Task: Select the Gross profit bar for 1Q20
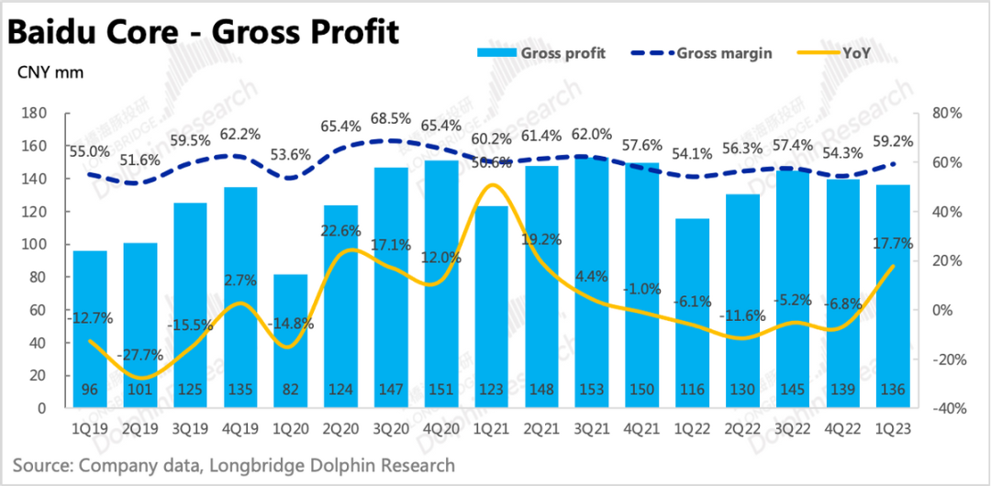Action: point(290,339)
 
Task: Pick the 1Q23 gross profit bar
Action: point(892,293)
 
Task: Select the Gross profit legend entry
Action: point(562,53)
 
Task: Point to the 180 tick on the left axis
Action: point(35,113)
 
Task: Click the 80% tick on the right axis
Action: point(944,113)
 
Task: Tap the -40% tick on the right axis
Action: point(942,409)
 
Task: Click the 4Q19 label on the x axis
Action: point(239,426)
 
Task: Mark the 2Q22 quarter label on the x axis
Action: point(741,426)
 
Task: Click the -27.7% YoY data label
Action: point(139,355)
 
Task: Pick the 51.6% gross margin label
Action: point(139,161)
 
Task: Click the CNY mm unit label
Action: point(44,71)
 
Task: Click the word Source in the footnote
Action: point(41,465)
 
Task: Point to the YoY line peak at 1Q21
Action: point(491,186)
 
